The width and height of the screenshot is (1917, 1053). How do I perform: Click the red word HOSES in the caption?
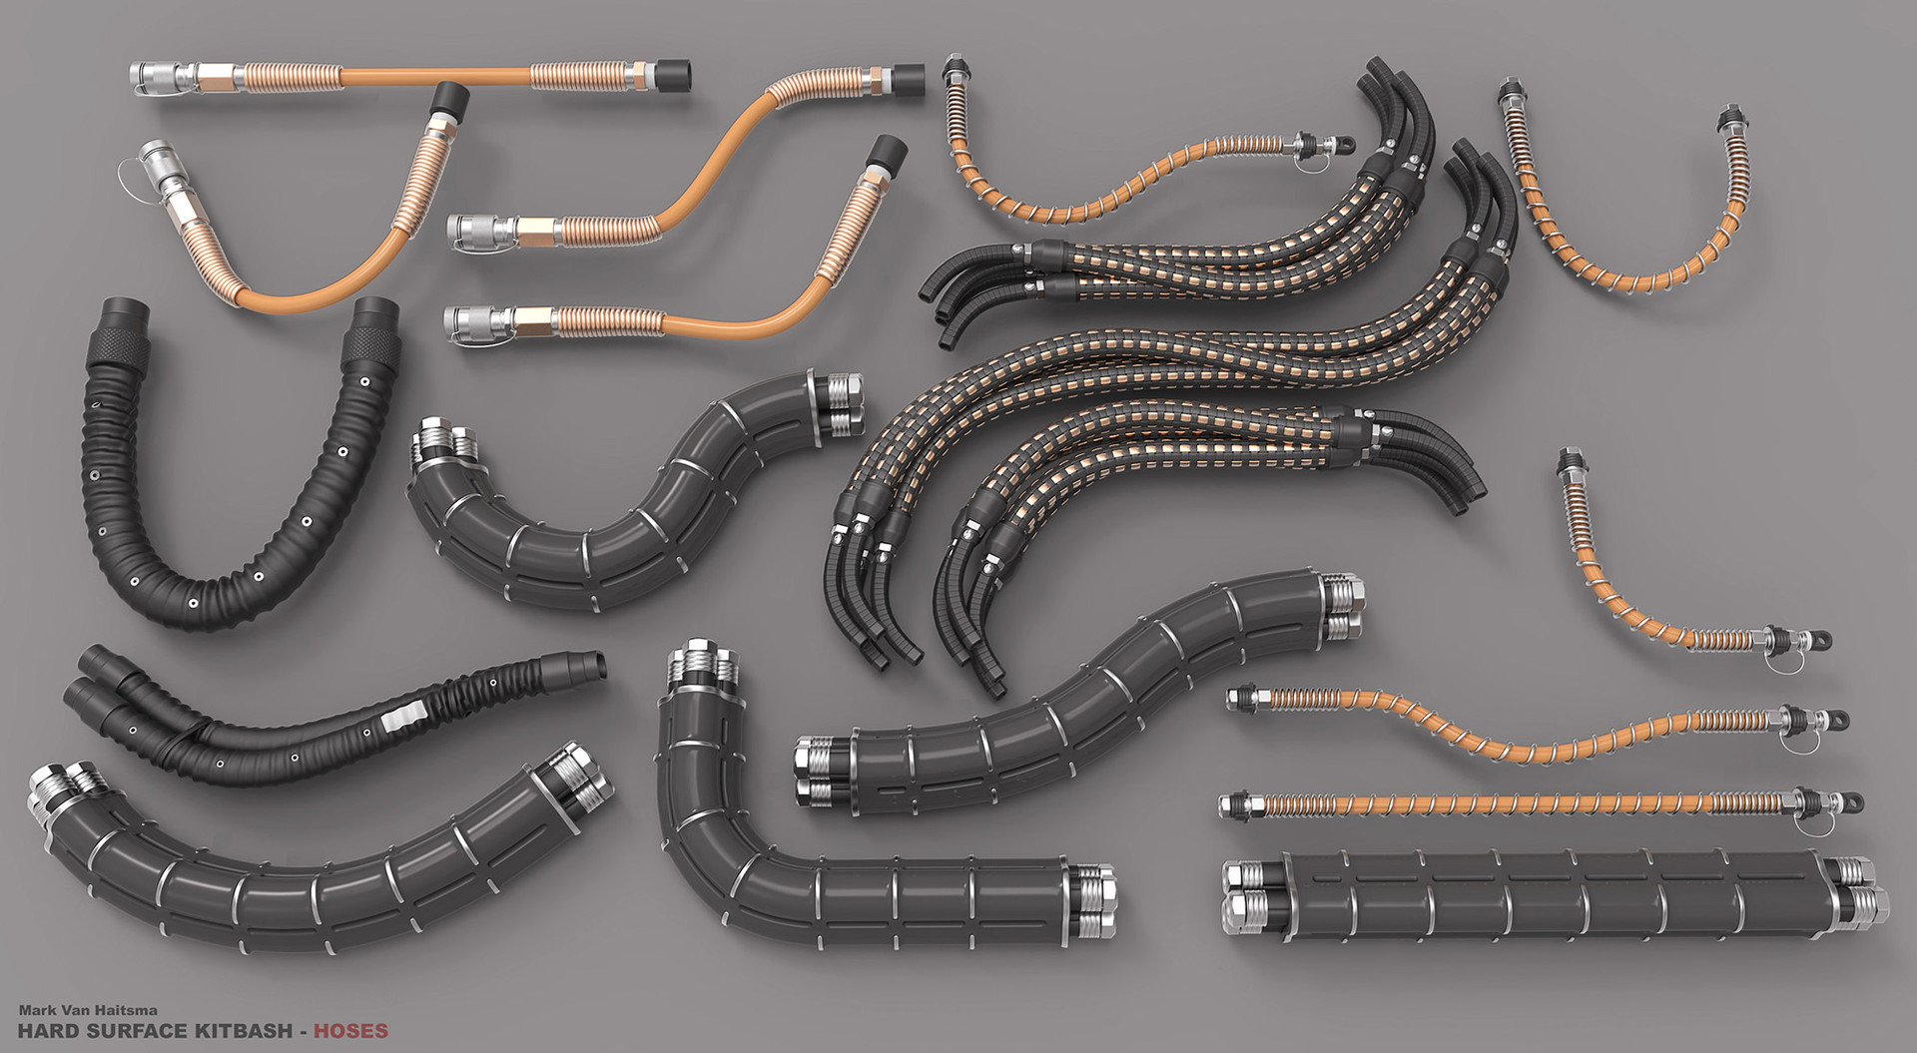tap(349, 1030)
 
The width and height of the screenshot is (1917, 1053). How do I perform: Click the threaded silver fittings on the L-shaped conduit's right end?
tap(1092, 888)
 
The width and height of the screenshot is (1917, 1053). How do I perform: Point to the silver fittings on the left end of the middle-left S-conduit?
tap(436, 444)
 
